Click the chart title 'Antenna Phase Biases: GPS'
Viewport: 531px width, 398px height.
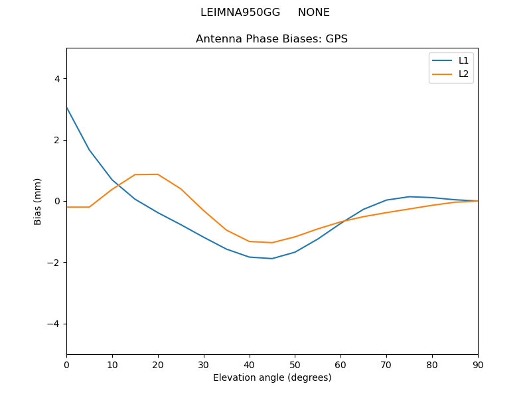[271, 39]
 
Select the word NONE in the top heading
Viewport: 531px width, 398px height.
[313, 13]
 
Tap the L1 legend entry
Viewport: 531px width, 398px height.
[463, 60]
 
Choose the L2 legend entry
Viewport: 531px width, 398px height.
[463, 74]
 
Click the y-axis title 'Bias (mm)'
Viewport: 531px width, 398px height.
[38, 201]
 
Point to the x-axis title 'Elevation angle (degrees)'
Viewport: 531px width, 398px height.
[271, 378]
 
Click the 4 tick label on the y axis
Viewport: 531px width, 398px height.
[56, 79]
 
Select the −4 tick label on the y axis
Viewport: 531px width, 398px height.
[54, 324]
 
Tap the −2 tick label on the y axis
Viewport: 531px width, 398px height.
[54, 263]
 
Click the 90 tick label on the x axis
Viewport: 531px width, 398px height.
[477, 364]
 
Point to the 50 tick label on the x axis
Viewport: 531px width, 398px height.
[295, 364]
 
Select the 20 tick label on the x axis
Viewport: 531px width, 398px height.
[158, 364]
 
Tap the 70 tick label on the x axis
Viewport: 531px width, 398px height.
[386, 364]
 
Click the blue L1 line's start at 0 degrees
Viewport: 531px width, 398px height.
[67, 107]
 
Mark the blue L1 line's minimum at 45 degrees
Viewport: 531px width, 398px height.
[272, 259]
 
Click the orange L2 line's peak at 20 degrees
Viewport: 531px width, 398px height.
[158, 174]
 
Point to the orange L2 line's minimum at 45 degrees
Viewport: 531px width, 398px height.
[272, 243]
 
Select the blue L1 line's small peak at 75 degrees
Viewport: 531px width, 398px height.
[409, 196]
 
